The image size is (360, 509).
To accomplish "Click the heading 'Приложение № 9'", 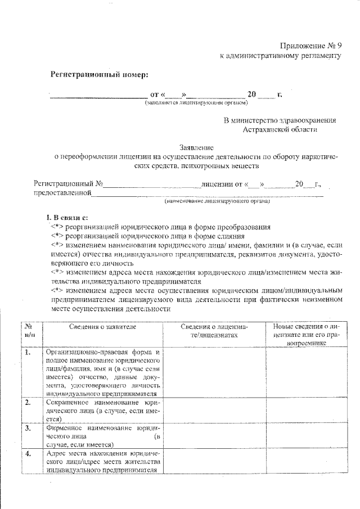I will click(x=310, y=46).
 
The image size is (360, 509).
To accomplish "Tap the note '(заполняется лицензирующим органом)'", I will click(x=196, y=103).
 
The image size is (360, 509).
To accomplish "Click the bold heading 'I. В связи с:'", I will click(x=66, y=218).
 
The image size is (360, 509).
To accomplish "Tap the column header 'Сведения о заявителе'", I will click(x=102, y=327).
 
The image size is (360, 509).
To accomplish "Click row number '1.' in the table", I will click(x=28, y=353).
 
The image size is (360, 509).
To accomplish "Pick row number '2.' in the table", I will click(x=28, y=402).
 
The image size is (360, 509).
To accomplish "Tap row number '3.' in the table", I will click(x=28, y=428).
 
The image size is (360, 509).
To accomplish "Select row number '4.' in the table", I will click(x=28, y=453).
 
